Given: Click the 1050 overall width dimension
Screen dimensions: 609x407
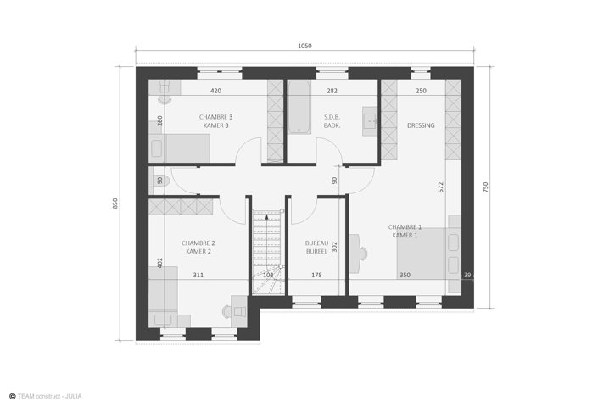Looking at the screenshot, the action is point(304,46).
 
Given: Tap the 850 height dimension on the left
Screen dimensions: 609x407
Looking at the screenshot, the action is point(115,203).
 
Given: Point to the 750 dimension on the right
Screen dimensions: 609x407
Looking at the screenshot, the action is point(485,187).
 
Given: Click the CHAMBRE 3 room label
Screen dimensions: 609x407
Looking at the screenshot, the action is point(216,117).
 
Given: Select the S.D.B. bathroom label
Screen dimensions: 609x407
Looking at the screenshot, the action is point(332,117).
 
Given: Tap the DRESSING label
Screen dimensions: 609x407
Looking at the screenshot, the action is point(421,125).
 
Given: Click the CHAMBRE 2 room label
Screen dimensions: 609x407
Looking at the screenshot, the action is point(198,243).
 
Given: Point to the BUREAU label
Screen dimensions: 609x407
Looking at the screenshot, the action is point(316,243).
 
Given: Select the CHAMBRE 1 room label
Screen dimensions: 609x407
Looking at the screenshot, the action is point(405,226).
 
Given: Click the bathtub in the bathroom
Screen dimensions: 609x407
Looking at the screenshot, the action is point(299,107).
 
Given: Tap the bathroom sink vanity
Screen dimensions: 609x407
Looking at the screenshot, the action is point(369,121).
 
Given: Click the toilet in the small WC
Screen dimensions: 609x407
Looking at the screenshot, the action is point(162,181).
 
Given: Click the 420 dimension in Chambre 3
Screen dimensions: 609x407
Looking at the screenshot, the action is point(216,91).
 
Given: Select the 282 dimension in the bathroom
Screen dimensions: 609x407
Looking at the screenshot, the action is point(332,91).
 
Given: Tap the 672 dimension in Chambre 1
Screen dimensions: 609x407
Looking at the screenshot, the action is point(440,187).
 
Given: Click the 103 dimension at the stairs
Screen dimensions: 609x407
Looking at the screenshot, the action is point(268,275).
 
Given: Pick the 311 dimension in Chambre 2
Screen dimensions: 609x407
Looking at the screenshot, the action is point(198,275).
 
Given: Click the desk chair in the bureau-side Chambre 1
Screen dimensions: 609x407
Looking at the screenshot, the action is point(363,254).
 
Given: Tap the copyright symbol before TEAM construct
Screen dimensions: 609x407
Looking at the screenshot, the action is point(13,397).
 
